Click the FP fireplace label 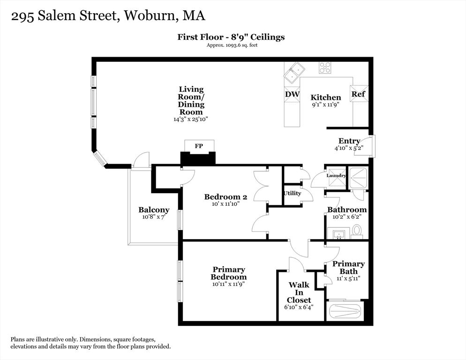point(199,146)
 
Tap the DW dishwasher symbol point(292,94)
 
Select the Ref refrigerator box point(359,93)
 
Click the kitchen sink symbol point(294,72)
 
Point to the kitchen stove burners point(325,68)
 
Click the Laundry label point(336,176)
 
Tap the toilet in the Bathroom point(357,231)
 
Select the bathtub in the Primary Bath point(345,311)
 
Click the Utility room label point(292,193)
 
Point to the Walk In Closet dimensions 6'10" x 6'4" point(299,307)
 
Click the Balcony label point(154,210)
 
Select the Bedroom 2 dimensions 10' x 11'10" point(223,204)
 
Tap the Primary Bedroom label point(229,273)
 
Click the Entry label point(349,141)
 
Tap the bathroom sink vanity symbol point(338,233)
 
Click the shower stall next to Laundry point(358,177)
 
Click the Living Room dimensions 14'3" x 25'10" point(191,120)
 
